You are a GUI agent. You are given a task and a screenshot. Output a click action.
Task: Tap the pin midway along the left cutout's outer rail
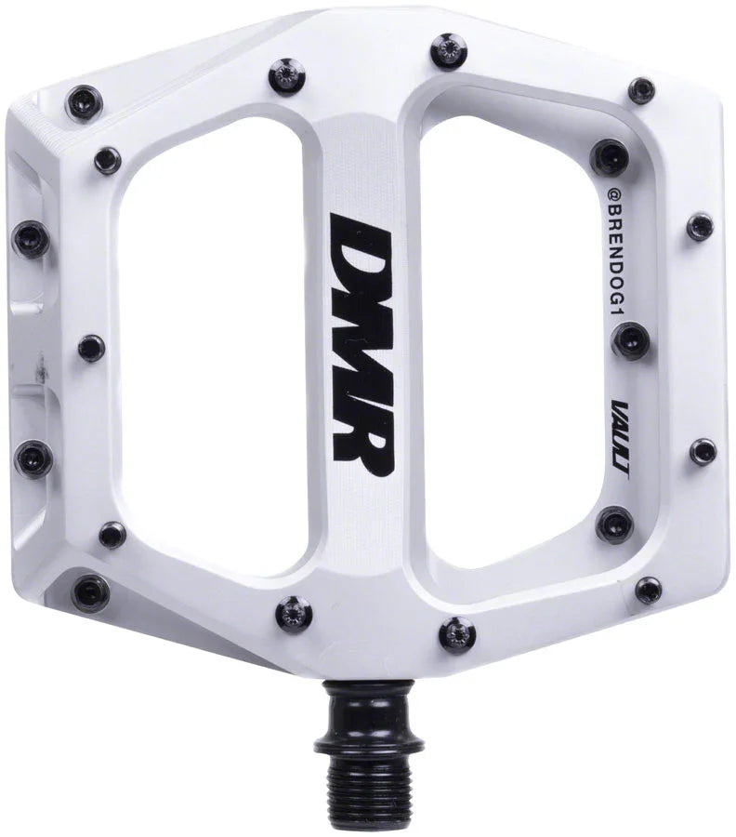91,348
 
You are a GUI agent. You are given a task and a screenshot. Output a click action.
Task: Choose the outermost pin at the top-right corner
641,90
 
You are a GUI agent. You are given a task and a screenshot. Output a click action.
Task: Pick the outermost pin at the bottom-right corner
648,589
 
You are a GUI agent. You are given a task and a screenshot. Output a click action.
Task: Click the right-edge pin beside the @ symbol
699,226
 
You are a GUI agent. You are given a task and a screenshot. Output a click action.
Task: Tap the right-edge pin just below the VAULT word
703,452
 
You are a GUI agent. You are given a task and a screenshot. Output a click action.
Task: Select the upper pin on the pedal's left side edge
31,239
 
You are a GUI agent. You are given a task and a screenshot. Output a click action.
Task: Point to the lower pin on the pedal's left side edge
34,456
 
